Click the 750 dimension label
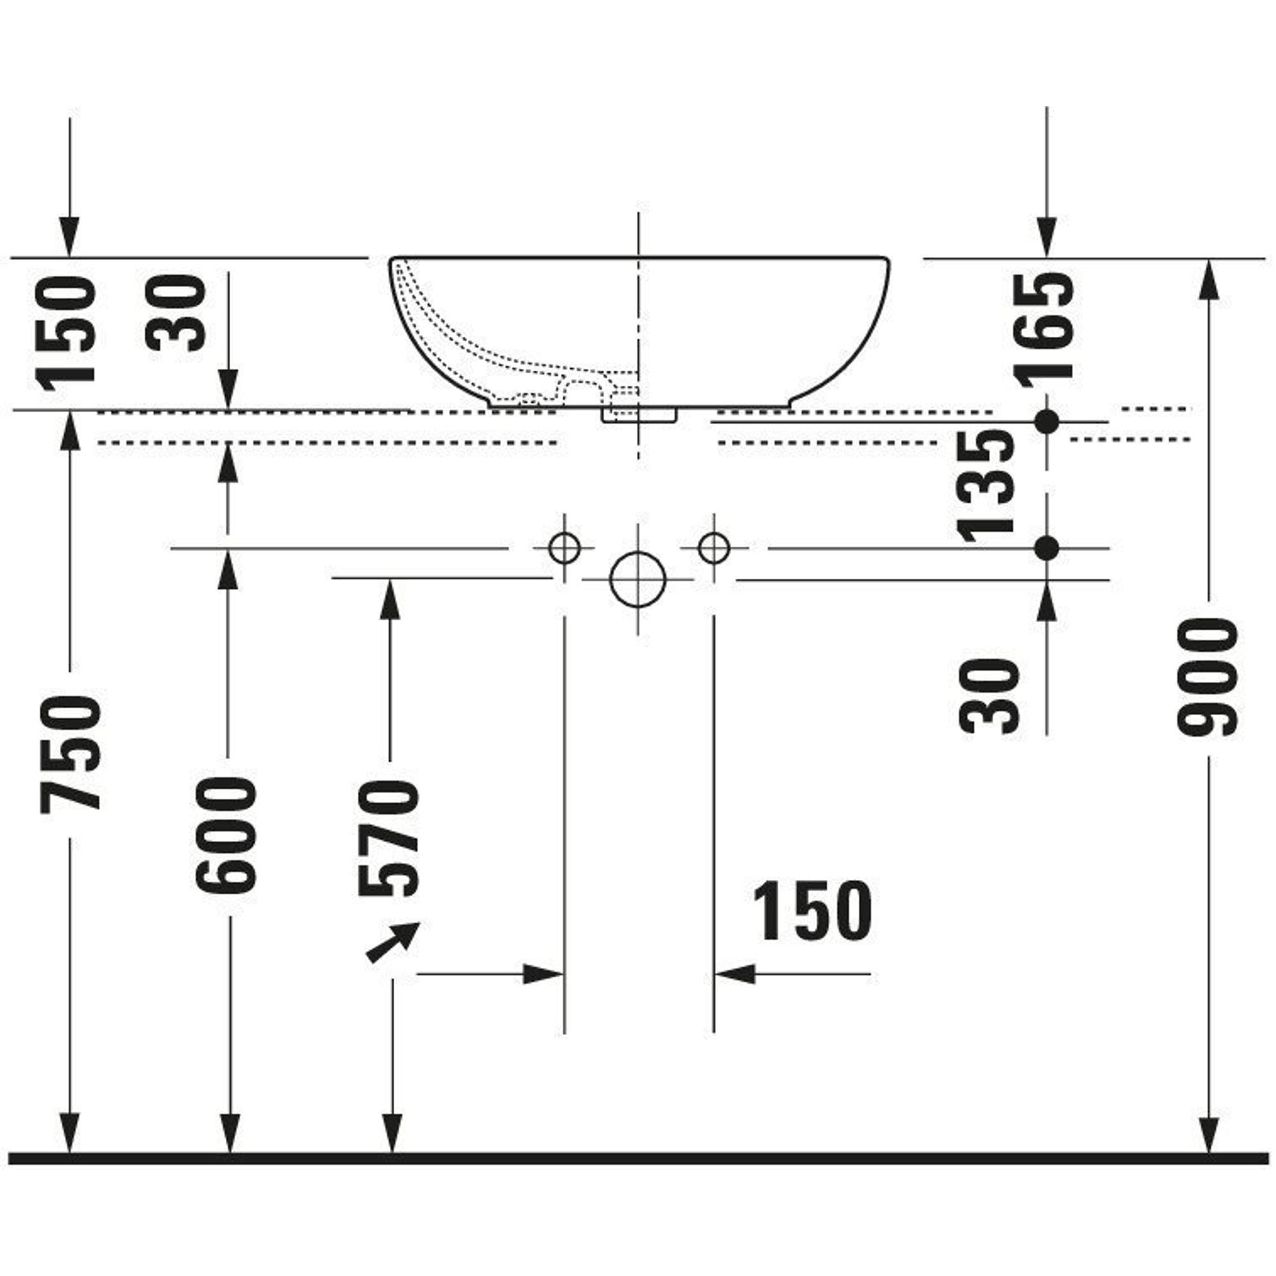click(71, 753)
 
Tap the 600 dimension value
click(226, 834)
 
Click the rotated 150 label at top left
click(65, 334)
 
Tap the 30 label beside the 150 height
click(175, 313)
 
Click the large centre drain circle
click(637, 579)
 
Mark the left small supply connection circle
click(565, 547)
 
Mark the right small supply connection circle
click(714, 547)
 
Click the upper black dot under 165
click(1046, 420)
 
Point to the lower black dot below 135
click(1046, 547)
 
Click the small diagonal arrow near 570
click(392, 942)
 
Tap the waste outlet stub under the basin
click(639, 415)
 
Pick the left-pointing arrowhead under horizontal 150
click(735, 974)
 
